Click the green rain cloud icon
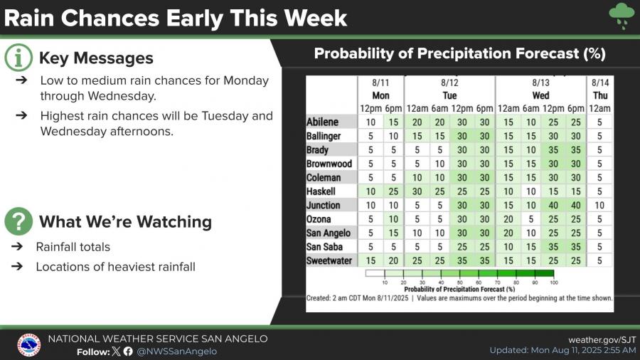pos(622,15)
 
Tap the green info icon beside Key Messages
pos(18,58)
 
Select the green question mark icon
pos(18,221)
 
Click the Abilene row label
pos(322,122)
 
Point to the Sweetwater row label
pos(329,260)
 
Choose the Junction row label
pos(324,206)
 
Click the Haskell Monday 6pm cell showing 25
pos(393,191)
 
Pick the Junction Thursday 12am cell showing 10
pos(599,205)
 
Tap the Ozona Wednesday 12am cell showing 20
pos(508,219)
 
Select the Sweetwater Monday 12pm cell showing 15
pos(370,260)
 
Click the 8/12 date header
pos(449,83)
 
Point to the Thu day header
pos(600,95)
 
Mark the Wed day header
pos(540,95)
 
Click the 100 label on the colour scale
pos(553,282)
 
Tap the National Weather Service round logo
pos(29,345)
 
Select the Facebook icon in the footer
pos(128,351)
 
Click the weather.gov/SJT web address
pos(602,339)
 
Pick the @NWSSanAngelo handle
pos(177,351)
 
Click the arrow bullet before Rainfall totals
pos(17,247)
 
